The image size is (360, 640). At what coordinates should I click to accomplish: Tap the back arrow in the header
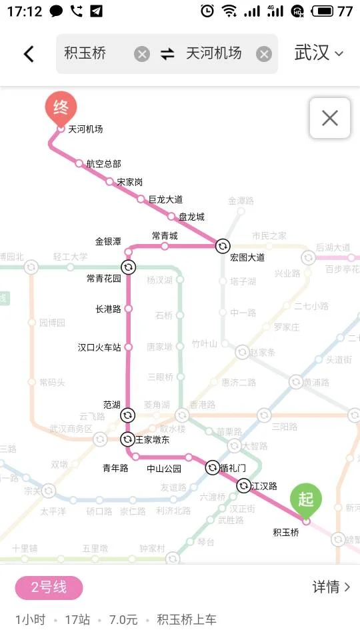click(x=29, y=54)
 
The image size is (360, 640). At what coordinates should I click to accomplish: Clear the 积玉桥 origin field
click(x=142, y=54)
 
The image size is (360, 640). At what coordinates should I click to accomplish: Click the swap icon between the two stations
click(x=167, y=54)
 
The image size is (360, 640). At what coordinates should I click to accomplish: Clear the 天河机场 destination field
click(x=264, y=54)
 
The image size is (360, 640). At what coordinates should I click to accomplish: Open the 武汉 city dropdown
click(x=319, y=54)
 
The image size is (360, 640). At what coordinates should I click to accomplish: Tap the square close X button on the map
click(x=330, y=118)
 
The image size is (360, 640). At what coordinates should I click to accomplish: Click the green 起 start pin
click(x=306, y=499)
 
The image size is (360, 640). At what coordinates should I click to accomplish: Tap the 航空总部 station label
click(x=103, y=163)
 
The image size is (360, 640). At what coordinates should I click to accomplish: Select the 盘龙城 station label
click(x=191, y=217)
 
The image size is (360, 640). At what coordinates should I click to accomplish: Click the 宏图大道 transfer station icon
click(x=223, y=246)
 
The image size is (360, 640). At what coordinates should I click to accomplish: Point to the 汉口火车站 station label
click(x=99, y=347)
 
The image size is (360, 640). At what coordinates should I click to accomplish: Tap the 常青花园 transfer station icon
click(x=129, y=267)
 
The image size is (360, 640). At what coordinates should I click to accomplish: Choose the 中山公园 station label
click(x=164, y=468)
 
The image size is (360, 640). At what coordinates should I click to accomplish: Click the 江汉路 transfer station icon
click(x=243, y=486)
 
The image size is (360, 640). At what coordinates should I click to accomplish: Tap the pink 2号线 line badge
click(x=49, y=587)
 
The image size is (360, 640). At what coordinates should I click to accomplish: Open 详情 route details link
click(x=331, y=587)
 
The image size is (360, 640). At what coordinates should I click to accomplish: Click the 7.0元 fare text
click(x=123, y=620)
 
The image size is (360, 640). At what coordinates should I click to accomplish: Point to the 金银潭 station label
click(x=108, y=241)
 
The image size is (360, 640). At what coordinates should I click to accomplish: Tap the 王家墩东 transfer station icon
click(x=127, y=439)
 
